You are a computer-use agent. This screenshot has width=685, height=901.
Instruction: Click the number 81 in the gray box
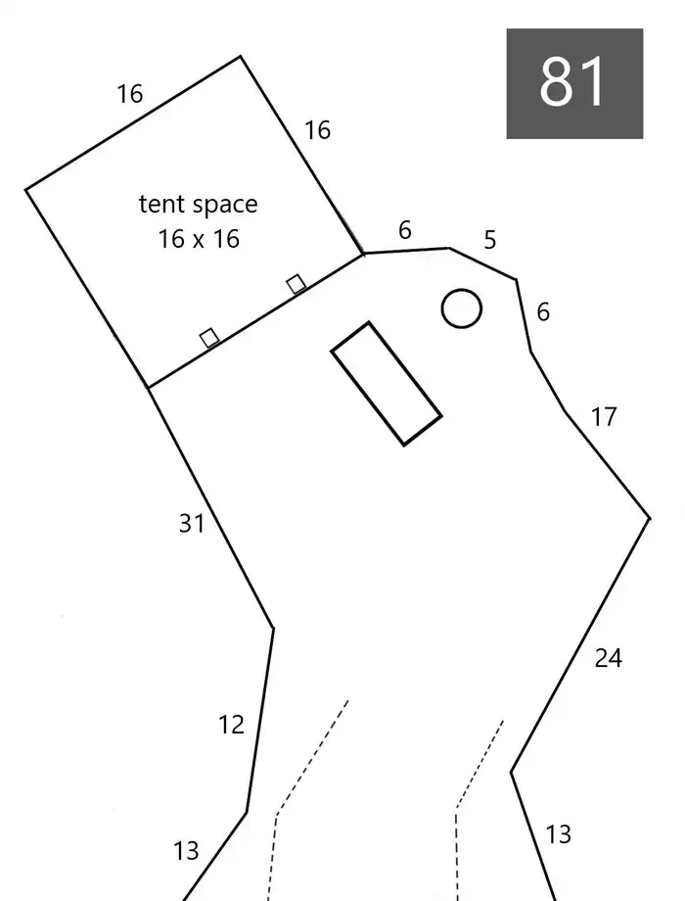[572, 81]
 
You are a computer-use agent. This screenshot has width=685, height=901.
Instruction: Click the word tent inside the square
[161, 204]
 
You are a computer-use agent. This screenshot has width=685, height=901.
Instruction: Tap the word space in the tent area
[225, 206]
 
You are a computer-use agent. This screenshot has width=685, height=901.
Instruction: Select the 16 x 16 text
[199, 238]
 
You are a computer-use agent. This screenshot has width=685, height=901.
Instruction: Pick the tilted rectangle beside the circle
[387, 383]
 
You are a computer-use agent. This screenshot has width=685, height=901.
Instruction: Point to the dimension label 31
[191, 524]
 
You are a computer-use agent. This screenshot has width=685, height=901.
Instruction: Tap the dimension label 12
[231, 725]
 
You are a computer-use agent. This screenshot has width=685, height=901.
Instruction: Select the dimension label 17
[604, 417]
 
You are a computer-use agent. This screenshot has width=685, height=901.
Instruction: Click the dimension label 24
[608, 658]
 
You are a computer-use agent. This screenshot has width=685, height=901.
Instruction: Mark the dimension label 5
[490, 240]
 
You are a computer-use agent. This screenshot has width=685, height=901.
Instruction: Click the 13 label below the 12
[186, 850]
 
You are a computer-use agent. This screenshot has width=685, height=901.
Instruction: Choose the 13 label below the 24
[558, 834]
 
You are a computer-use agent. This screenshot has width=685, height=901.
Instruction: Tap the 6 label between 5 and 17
[543, 312]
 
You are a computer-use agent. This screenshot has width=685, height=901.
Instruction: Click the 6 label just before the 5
[405, 230]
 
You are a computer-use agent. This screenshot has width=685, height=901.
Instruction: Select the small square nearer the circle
[296, 284]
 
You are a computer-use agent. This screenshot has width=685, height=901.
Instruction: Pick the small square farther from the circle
[209, 337]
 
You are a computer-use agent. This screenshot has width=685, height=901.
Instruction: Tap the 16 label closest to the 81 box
[317, 130]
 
